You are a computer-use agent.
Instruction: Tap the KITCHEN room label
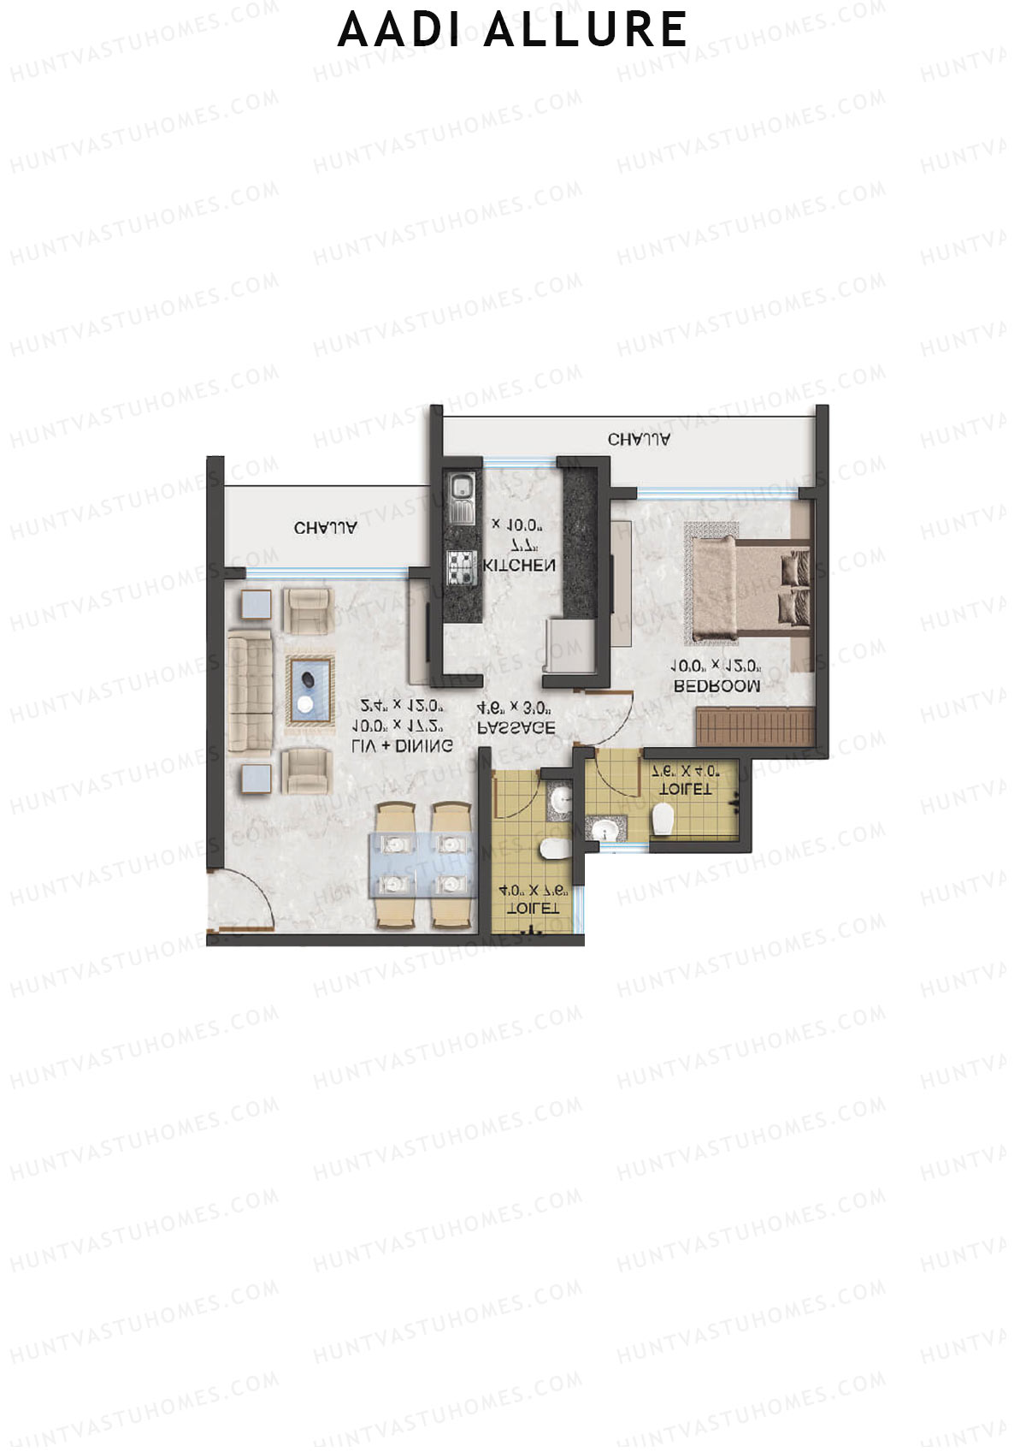[519, 566]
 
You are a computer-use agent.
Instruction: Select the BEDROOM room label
[716, 685]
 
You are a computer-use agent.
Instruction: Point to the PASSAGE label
[516, 727]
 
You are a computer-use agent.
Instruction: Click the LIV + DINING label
[402, 746]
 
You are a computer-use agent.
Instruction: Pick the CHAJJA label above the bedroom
[639, 440]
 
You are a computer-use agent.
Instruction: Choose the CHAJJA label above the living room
[325, 528]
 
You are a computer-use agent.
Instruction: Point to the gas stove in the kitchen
[462, 566]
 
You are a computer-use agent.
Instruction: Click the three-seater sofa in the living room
[250, 691]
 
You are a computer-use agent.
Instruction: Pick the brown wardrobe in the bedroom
[754, 726]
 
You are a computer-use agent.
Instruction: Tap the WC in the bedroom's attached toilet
[663, 821]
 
